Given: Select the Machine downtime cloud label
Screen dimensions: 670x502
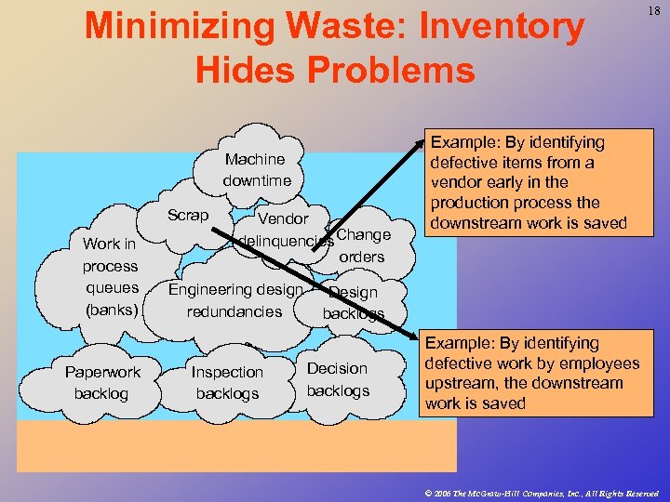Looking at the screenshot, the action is click(256, 169).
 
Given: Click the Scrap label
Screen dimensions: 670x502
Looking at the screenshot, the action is click(188, 215).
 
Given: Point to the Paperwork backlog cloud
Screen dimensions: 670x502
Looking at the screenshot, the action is click(102, 383).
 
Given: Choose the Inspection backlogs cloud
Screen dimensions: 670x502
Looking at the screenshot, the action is click(227, 383).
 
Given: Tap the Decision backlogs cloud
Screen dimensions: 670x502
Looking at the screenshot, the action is click(337, 379).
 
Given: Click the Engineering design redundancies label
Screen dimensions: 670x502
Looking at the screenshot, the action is click(234, 300).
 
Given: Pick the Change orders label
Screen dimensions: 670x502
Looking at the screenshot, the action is click(362, 245).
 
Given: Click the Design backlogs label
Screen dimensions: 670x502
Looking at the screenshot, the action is click(353, 303).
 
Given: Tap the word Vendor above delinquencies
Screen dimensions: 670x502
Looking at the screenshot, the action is click(283, 218).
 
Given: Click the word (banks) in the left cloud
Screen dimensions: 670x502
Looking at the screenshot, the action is click(110, 310).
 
